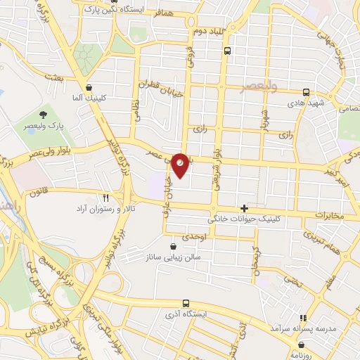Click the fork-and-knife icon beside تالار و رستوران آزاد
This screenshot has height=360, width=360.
tap(105, 198)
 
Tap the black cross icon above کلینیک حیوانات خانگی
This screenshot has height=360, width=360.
tap(244, 208)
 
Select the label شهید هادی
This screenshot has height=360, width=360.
tap(307, 103)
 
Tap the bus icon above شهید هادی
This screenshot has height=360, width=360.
tap(306, 91)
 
